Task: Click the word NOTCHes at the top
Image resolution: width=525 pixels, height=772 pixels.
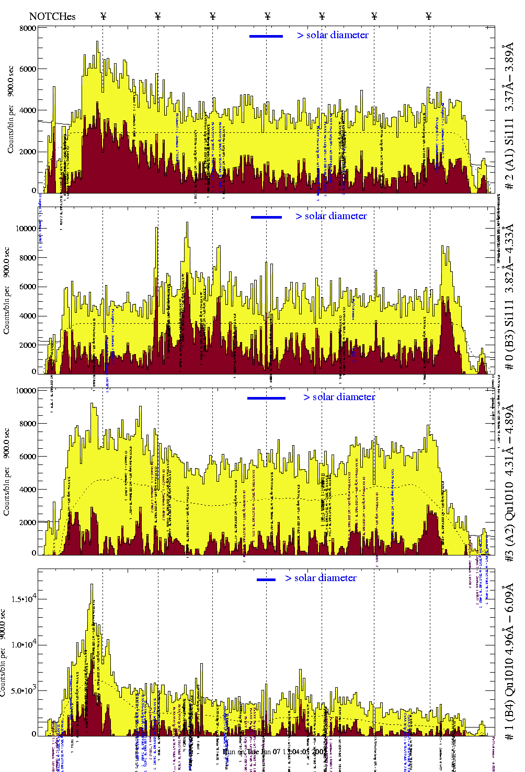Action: coord(52,16)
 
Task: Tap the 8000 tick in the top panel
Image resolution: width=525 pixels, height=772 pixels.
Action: coord(28,28)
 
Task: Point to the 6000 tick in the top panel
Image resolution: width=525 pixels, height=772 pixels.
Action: coord(28,69)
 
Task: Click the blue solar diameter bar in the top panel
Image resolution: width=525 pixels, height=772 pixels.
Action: coord(266,36)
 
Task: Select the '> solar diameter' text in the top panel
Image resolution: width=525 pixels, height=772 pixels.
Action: coord(333,35)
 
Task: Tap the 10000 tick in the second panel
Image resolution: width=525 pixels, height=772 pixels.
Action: coord(26,229)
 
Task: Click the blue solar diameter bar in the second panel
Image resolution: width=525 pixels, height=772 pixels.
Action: coord(266,217)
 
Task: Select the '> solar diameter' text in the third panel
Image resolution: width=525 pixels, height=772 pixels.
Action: coord(339,397)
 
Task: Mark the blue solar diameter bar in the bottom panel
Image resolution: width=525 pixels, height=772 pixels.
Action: coord(266,580)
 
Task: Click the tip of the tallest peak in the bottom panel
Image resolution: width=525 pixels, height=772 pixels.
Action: coord(92,585)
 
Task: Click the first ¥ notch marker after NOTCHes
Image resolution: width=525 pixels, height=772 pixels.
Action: coord(104,16)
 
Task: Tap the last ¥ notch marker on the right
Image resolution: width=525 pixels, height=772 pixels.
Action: coord(429,16)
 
